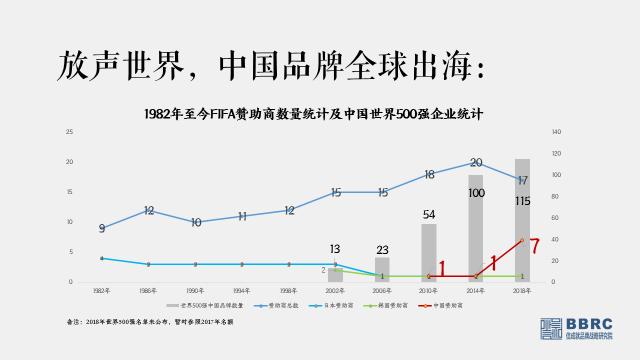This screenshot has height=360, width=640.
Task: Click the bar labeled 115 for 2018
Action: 522,220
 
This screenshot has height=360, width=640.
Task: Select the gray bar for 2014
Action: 475,228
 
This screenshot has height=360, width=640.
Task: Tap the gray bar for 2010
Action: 429,252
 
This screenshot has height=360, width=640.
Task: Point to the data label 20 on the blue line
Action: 476,163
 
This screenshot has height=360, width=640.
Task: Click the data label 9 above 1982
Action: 102,229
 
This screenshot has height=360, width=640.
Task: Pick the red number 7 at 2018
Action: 534,244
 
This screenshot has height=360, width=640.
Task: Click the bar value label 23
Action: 381,250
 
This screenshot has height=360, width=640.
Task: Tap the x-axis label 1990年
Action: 195,289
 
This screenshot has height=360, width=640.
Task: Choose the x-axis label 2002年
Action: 335,289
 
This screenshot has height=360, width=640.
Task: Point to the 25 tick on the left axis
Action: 69,132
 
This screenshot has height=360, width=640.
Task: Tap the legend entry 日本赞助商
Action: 337,304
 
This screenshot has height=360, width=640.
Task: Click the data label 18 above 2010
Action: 429,175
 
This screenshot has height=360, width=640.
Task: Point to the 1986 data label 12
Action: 148,211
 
